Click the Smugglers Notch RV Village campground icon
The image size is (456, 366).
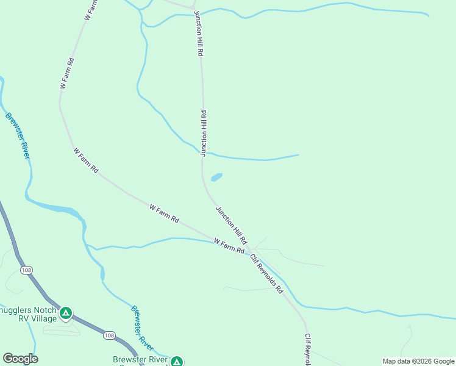[66, 314]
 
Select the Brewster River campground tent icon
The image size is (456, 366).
[177, 362]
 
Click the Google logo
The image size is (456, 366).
[20, 359]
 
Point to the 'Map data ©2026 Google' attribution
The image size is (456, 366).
[418, 361]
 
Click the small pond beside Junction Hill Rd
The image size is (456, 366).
[216, 178]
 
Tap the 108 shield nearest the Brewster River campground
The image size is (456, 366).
[109, 335]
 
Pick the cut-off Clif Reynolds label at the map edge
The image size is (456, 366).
[308, 350]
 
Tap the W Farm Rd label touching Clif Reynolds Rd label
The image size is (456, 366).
[229, 247]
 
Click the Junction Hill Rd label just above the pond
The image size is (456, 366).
[204, 133]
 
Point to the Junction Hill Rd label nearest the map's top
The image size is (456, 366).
[198, 34]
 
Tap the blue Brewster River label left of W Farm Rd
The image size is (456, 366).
[18, 135]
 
